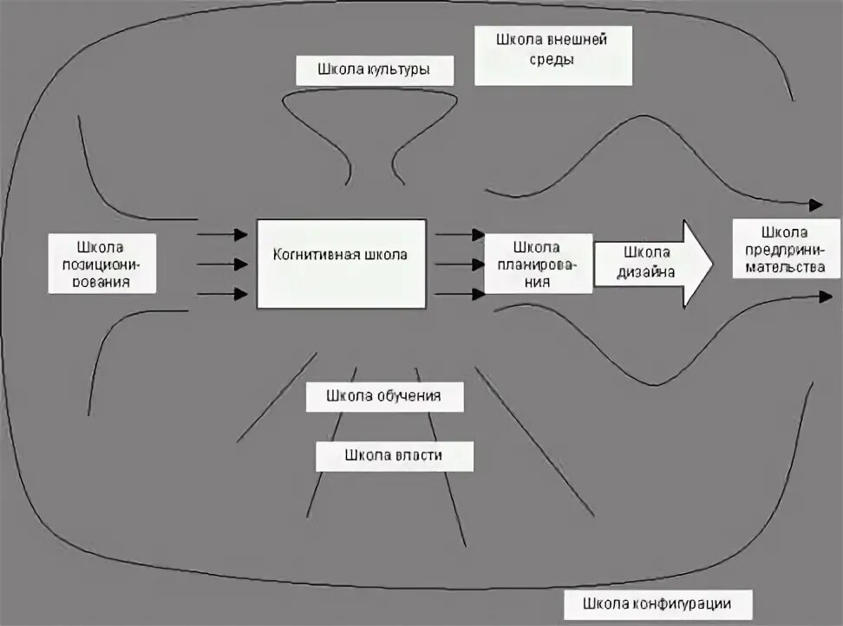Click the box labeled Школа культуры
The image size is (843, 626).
375,70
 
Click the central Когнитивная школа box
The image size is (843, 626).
341,264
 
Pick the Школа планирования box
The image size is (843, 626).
537,264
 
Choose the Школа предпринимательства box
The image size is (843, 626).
786,248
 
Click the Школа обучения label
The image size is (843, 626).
384,396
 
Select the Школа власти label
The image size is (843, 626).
395,455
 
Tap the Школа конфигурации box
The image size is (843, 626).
657,603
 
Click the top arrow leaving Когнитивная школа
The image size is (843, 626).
460,234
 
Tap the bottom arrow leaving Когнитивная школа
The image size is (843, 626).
460,294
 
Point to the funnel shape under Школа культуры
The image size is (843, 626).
373,130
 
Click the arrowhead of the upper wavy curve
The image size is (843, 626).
815,205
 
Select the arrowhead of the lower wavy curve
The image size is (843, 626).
823,297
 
